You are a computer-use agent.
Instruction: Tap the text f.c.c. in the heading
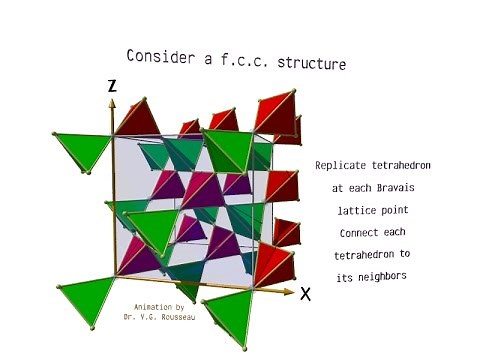coord(248,60)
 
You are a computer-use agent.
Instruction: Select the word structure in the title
coord(311,64)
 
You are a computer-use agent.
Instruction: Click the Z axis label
coord(112,87)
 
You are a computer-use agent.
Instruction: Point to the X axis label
coord(306,294)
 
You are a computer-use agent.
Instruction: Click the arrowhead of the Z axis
coord(113,102)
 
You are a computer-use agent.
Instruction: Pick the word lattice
coord(347,210)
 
